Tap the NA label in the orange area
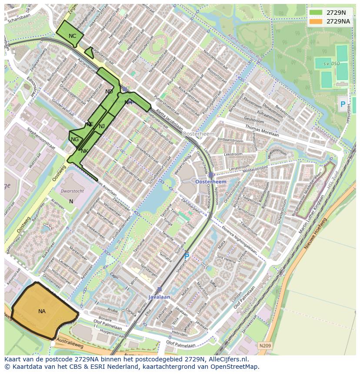coord(42,311)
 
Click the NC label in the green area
coord(72,36)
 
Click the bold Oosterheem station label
coord(211,182)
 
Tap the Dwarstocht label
coord(72,191)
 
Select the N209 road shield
coord(265,346)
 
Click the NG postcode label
coord(75,139)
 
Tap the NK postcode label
coord(84,151)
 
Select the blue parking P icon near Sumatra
coord(187,257)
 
